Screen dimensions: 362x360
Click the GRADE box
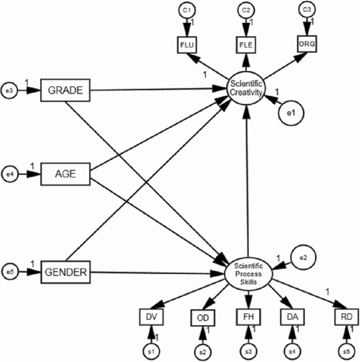66,90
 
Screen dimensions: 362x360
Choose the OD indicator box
201,318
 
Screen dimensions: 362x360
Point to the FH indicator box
246,317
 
